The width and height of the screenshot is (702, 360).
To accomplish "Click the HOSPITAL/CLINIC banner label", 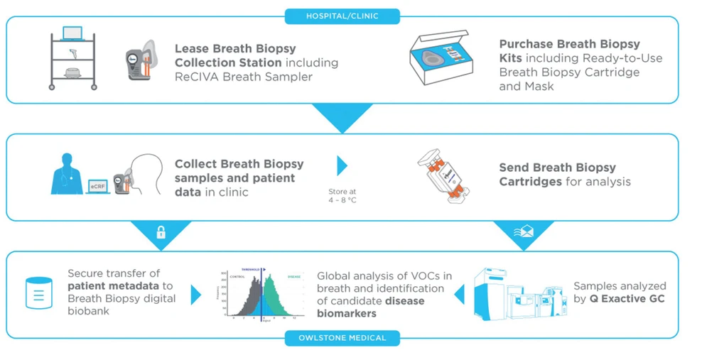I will pos(342,16).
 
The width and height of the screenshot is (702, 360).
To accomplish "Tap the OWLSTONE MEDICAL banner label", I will pos(342,338).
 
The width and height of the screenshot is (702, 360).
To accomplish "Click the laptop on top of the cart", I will pos(72,33).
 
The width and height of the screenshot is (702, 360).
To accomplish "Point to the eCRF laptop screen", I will pos(97,186).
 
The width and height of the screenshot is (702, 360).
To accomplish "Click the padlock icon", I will pos(161,232).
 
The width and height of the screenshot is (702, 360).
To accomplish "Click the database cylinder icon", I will pos(39,293).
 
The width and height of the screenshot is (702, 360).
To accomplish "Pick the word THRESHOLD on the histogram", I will pos(254,269).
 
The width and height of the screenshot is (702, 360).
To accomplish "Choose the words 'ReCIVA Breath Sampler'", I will pos(244,76).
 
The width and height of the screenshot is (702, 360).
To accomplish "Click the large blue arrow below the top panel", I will pos(342,118).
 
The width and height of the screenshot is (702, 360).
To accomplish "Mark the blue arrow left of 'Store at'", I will pos(342,166).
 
